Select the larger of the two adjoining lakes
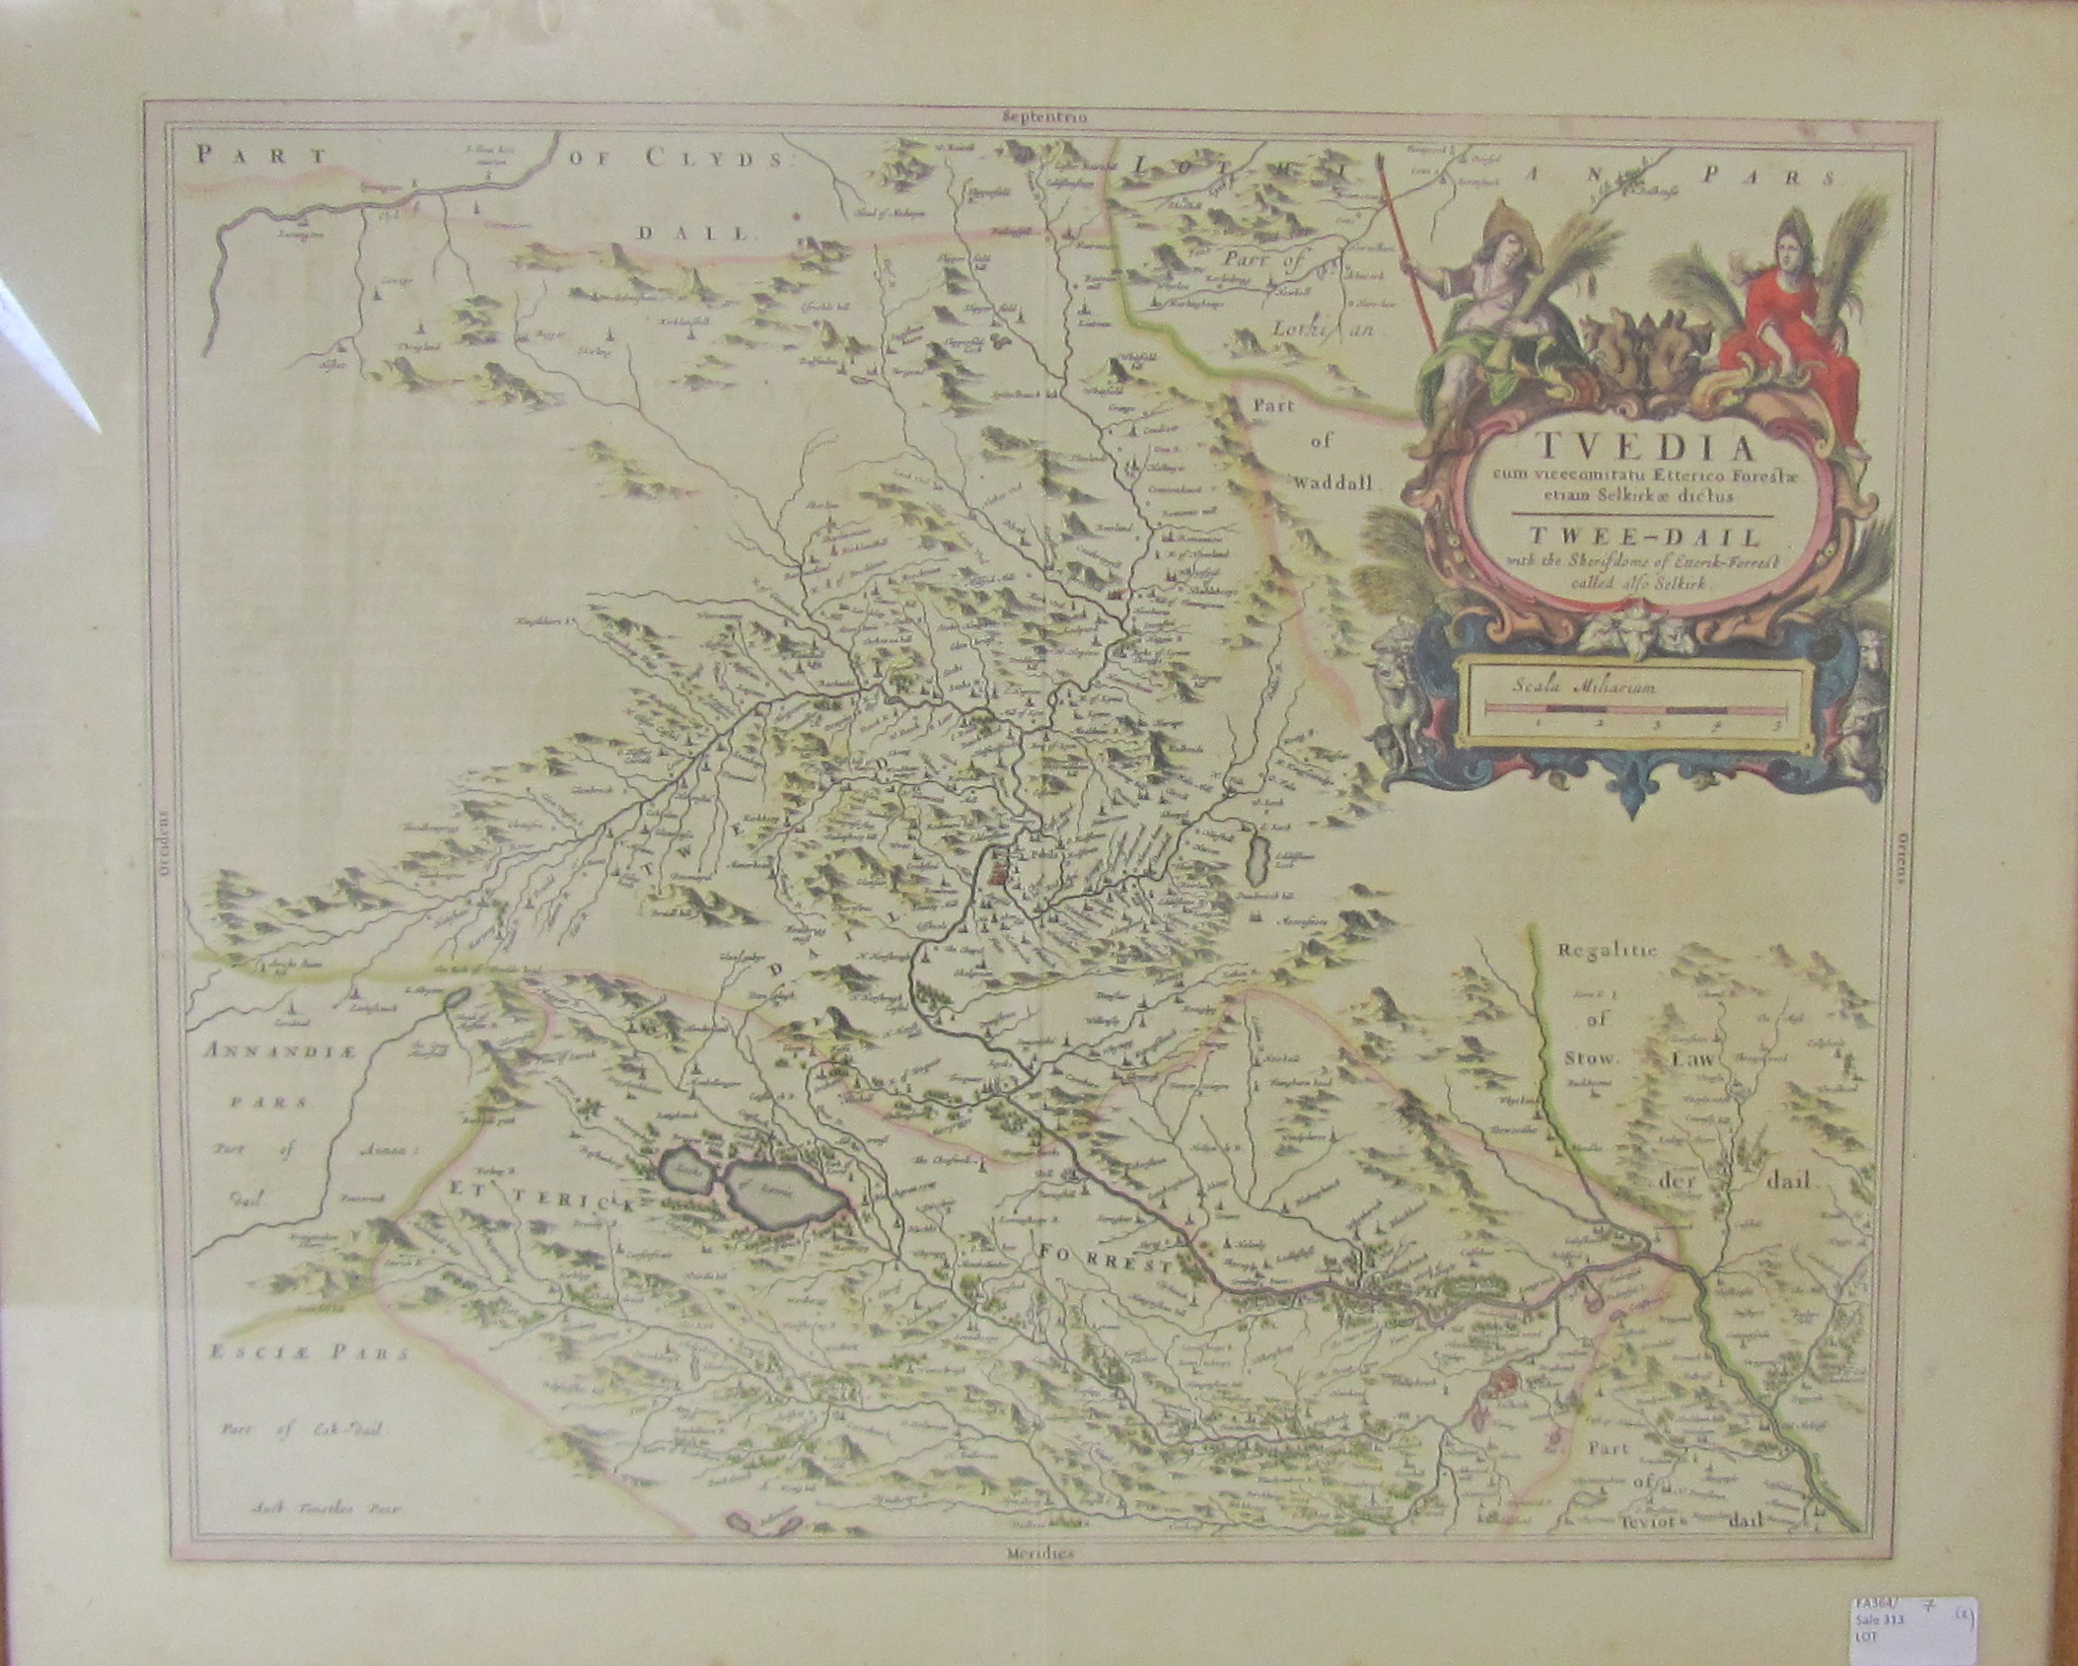[x=786, y=1200]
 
